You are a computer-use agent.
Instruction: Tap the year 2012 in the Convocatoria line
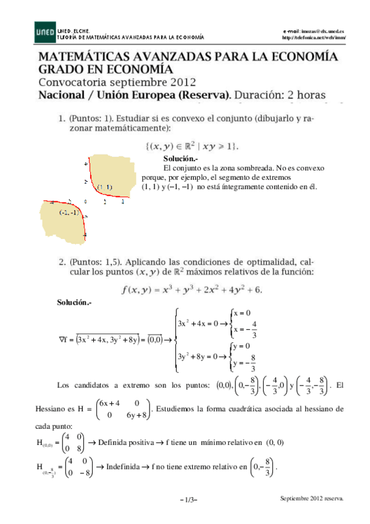[181, 82]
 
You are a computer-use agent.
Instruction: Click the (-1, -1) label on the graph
[68, 213]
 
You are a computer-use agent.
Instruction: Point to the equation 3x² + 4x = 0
[198, 323]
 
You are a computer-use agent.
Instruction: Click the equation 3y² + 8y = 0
[198, 356]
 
